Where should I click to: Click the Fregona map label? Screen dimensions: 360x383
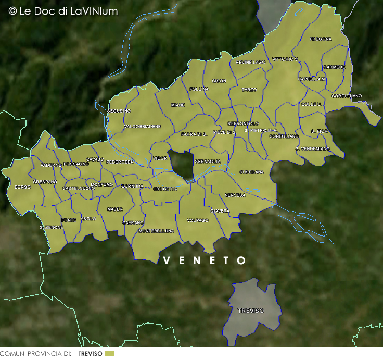tap(320, 39)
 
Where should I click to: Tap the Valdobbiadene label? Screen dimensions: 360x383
tap(143, 127)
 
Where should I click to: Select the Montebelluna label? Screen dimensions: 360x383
tap(156, 231)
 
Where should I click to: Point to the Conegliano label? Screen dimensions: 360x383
tap(284, 136)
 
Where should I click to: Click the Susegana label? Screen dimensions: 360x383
tap(252, 172)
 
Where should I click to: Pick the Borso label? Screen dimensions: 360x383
tap(22, 187)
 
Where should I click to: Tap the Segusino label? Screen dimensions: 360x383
tap(119, 111)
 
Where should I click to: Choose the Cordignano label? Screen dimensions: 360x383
tap(347, 96)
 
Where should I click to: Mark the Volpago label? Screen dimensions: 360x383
tap(198, 221)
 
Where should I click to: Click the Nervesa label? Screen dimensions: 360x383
tap(235, 195)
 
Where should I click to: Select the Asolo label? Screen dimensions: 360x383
tap(88, 219)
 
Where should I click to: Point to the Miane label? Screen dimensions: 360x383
tap(178, 105)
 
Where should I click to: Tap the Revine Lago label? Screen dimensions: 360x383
tap(251, 62)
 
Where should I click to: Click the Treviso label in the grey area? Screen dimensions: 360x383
tap(251, 311)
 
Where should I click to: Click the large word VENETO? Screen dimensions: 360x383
tap(205, 260)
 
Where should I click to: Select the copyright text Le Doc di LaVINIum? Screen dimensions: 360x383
tap(63, 11)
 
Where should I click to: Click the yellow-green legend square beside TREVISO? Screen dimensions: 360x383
tap(109, 354)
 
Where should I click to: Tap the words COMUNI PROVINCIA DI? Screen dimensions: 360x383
tap(36, 354)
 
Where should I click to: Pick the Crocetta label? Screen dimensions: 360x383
tap(165, 189)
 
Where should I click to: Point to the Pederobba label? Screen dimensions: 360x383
tap(120, 162)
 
